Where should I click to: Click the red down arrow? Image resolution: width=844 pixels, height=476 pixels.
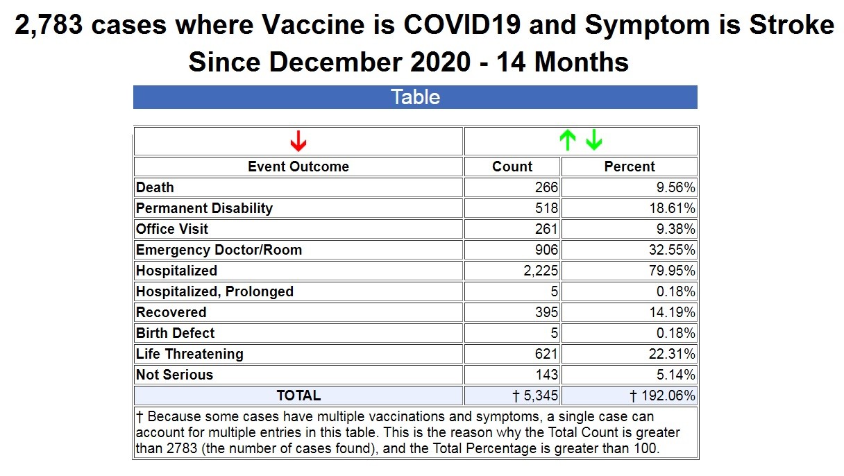pyautogui.click(x=298, y=142)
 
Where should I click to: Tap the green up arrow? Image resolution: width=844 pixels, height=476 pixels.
pyautogui.click(x=568, y=141)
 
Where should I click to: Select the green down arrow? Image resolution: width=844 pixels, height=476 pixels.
pyautogui.click(x=593, y=141)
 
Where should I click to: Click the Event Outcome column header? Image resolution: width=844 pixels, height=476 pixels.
pyautogui.click(x=298, y=167)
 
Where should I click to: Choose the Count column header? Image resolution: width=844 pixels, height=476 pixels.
pyautogui.click(x=512, y=167)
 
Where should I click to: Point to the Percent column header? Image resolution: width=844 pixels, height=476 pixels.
pyautogui.click(x=629, y=167)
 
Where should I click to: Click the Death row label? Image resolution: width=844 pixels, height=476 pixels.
pyautogui.click(x=155, y=187)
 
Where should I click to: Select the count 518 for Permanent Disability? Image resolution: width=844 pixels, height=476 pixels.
pyautogui.click(x=546, y=208)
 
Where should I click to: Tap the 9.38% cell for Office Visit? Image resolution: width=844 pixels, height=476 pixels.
pyautogui.click(x=672, y=229)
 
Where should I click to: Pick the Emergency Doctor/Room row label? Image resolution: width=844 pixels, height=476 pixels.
pyautogui.click(x=219, y=250)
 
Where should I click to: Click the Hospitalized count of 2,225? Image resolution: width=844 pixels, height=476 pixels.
pyautogui.click(x=541, y=271)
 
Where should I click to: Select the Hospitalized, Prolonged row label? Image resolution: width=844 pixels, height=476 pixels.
pyautogui.click(x=214, y=291)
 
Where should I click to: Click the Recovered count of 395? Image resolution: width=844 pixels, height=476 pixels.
pyautogui.click(x=546, y=312)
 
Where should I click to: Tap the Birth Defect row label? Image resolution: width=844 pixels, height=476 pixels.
pyautogui.click(x=175, y=333)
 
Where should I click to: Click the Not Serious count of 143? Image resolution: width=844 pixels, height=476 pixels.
pyautogui.click(x=546, y=375)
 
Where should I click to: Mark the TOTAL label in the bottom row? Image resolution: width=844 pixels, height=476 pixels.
pyautogui.click(x=298, y=396)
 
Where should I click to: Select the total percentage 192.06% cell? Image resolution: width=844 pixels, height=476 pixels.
pyautogui.click(x=663, y=396)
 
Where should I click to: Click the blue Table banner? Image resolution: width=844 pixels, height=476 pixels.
pyautogui.click(x=415, y=97)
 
